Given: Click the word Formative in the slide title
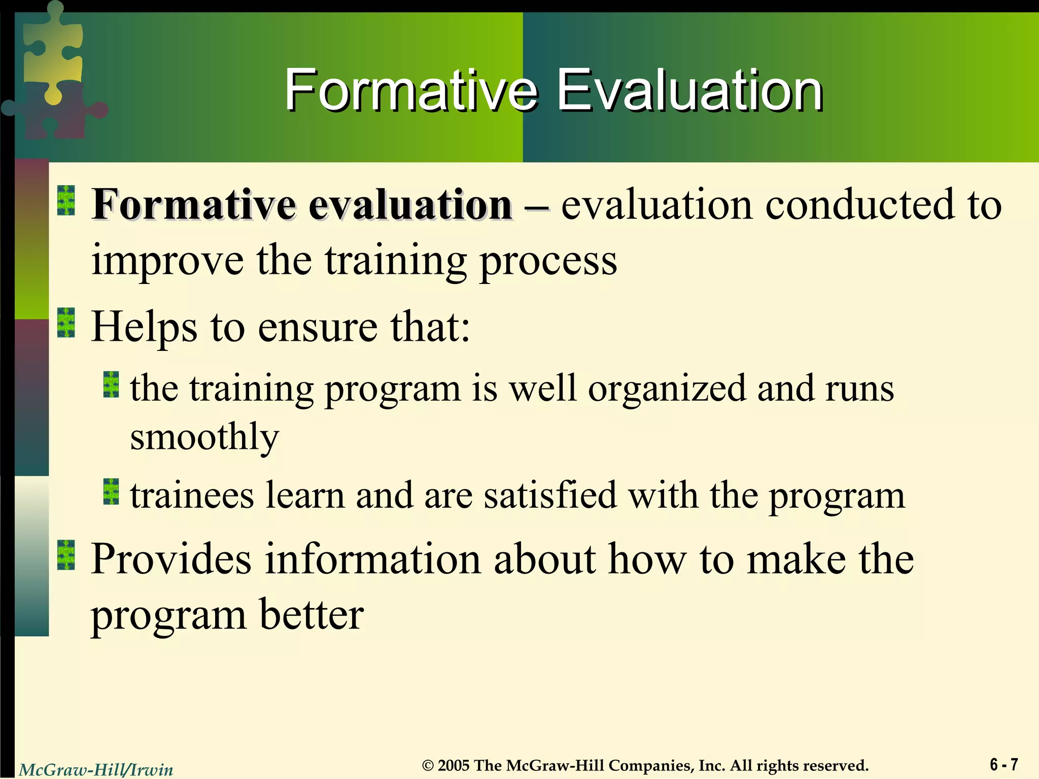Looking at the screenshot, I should (x=410, y=91).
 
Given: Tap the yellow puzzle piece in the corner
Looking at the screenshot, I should (x=51, y=51).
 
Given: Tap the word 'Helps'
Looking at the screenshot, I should (x=144, y=327).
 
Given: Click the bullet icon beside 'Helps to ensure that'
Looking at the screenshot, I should (x=66, y=323).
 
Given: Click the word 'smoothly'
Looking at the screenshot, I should (x=204, y=437).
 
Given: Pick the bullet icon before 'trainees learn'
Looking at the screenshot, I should (x=111, y=491).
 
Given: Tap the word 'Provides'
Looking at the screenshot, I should (x=171, y=559).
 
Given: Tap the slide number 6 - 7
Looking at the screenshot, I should (x=1003, y=764).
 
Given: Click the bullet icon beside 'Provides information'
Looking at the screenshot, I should (x=66, y=555).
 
